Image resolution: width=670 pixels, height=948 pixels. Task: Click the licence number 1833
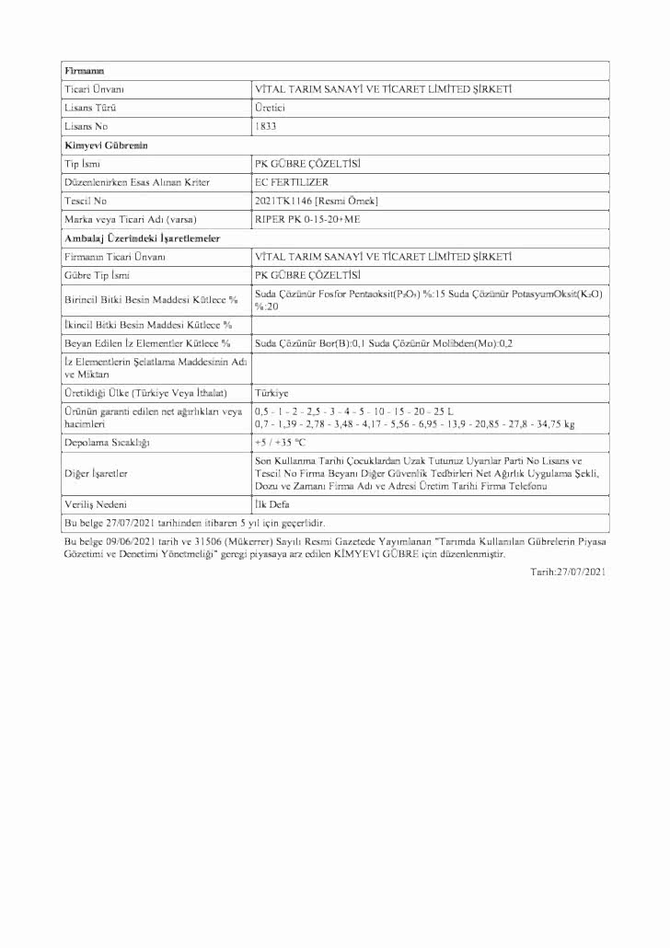coord(265,126)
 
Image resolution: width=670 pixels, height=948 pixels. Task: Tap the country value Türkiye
coord(271,392)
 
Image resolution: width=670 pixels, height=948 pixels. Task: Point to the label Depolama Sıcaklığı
coord(107,443)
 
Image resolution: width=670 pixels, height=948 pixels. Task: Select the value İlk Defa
coord(272,505)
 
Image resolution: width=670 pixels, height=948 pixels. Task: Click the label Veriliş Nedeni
coord(96,505)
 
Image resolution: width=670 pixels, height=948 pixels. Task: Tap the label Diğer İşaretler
coord(97,473)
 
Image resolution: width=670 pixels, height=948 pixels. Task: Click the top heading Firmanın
coord(84,71)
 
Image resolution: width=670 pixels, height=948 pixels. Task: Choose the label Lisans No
coord(85,126)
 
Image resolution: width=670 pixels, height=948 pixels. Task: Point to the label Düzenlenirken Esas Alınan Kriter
coord(136,182)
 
